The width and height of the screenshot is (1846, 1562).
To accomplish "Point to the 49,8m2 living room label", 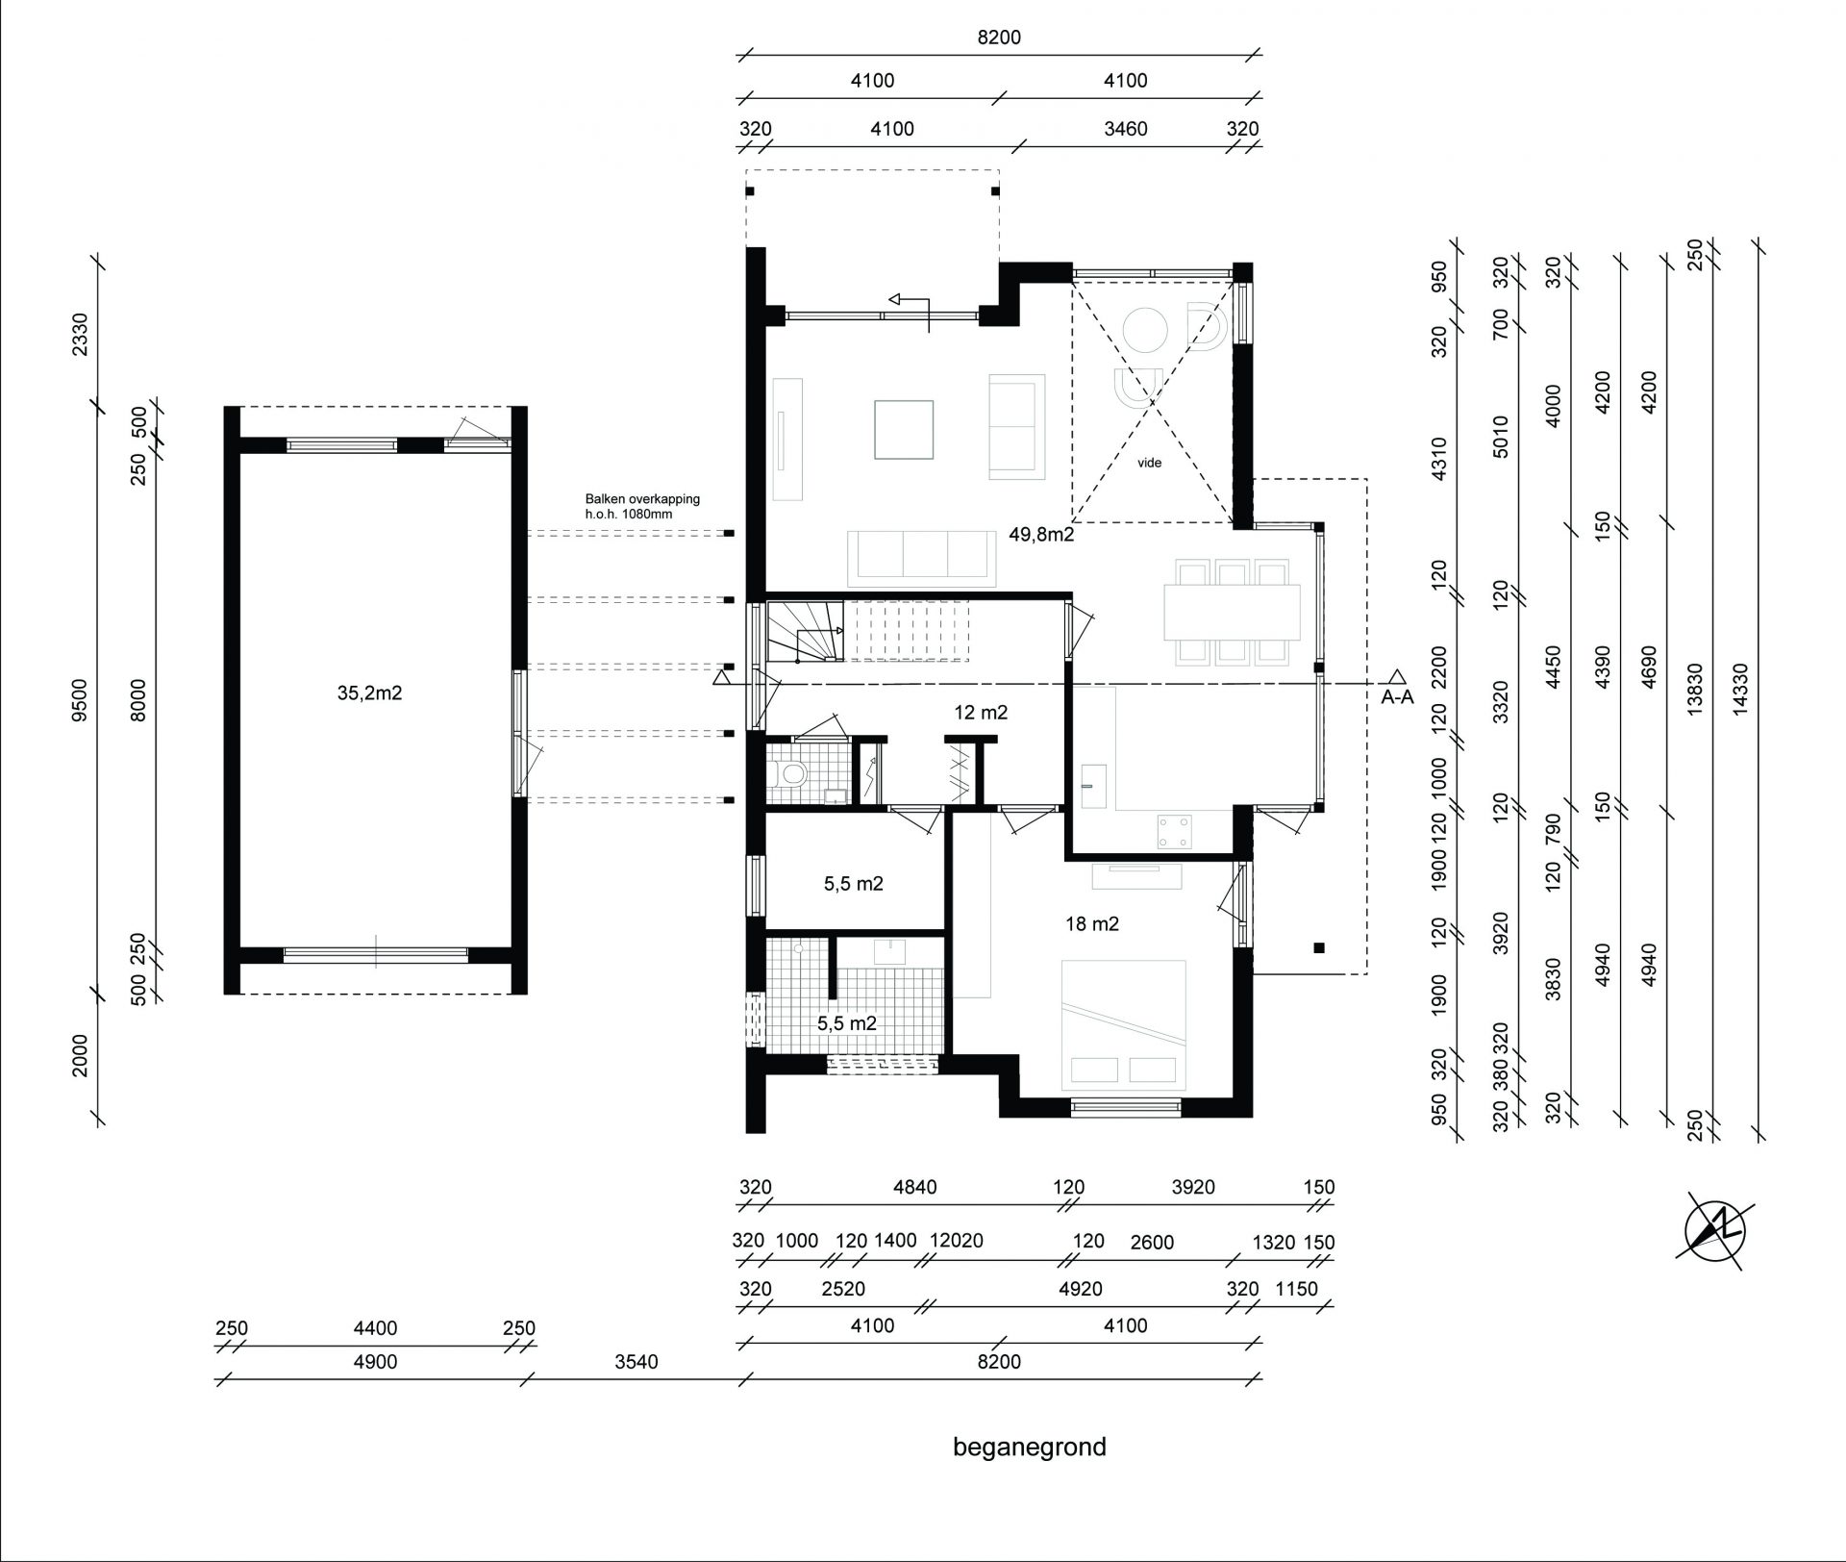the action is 1041,535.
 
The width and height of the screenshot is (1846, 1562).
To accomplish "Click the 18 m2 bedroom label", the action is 1092,924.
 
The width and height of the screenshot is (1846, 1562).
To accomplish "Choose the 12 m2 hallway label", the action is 981,713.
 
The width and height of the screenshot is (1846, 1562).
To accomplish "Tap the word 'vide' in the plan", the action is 1150,463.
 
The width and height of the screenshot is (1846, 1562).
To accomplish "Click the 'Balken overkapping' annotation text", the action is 643,499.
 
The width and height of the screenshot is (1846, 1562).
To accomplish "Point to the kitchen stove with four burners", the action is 1175,833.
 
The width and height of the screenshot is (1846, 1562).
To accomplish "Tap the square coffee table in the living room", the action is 904,429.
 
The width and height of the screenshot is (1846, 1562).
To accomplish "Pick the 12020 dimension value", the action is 957,1241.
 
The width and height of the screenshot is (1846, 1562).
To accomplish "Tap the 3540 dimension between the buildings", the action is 636,1362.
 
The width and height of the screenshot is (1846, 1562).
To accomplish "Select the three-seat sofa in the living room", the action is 923,557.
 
